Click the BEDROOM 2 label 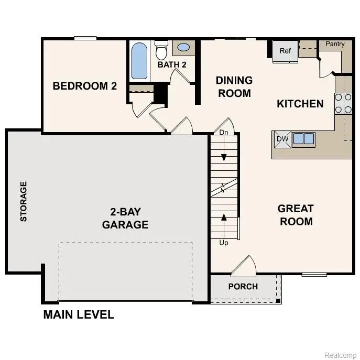click(84, 86)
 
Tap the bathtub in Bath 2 click(139, 61)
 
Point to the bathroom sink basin click(183, 48)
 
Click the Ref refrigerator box click(285, 51)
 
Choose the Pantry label click(335, 44)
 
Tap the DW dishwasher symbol click(282, 139)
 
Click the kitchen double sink click(303, 139)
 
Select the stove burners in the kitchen click(343, 103)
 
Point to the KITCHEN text click(300, 104)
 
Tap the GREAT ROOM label click(296, 215)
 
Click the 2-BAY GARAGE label click(125, 219)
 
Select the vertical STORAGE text click(24, 202)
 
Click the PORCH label click(243, 287)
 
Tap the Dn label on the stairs click(224, 133)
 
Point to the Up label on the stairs click(224, 243)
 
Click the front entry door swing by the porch click(243, 266)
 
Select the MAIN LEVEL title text click(79, 315)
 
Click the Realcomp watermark click(340, 355)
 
